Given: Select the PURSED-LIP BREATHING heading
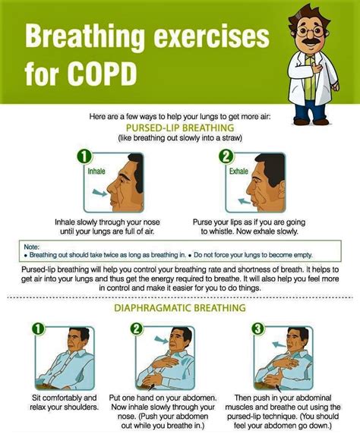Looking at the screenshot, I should [x=179, y=128].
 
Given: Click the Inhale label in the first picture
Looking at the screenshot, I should [x=96, y=171].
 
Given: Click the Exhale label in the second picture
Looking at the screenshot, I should [x=238, y=171].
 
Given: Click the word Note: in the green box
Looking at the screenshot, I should [x=31, y=247].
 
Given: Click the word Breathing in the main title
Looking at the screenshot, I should [x=85, y=36].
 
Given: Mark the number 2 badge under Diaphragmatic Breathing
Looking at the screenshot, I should [x=137, y=329].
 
